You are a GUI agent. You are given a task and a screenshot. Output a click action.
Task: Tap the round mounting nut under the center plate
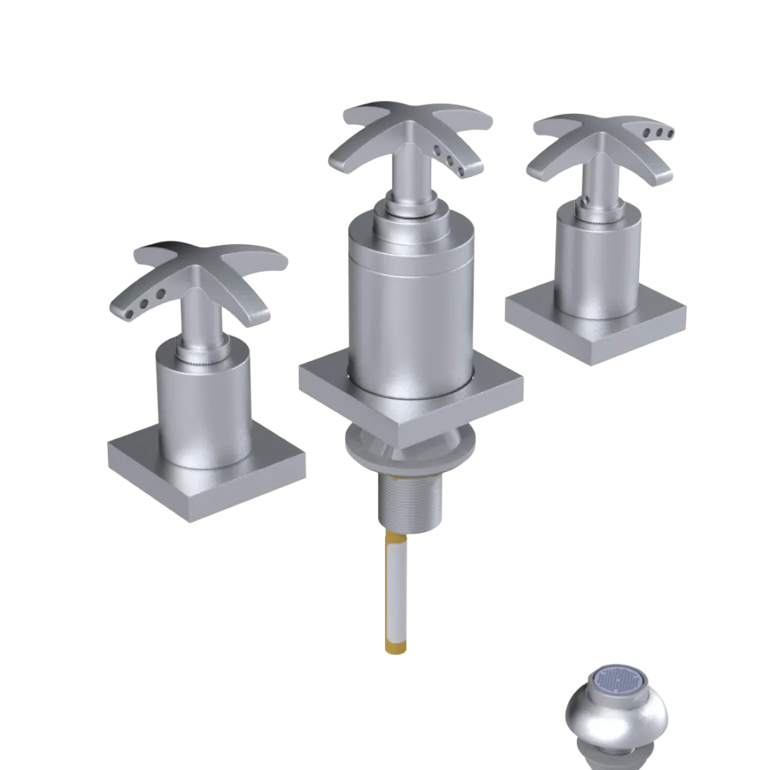coord(408,454)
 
